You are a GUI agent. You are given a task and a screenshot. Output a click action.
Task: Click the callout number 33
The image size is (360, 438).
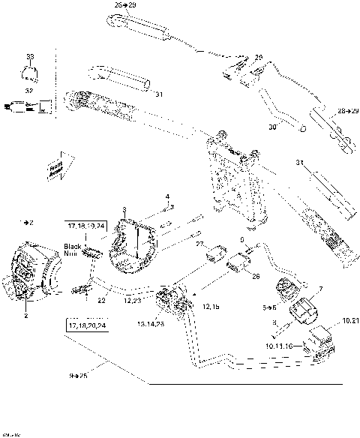[30, 57]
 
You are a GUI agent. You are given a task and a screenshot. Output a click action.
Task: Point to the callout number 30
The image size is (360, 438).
[274, 127]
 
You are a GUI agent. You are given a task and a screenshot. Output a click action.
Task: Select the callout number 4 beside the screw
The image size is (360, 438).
[167, 196]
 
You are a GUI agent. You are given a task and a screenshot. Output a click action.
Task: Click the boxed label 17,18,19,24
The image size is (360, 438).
[86, 224]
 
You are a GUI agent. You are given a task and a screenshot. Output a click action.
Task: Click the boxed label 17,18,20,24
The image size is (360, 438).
[86, 326]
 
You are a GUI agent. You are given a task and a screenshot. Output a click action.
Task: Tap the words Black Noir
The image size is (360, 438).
[73, 250]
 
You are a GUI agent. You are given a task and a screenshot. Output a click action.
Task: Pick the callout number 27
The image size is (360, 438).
[199, 244]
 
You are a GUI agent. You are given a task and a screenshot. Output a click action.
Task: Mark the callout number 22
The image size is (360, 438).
[101, 300]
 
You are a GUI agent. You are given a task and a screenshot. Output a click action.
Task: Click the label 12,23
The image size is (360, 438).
[132, 300]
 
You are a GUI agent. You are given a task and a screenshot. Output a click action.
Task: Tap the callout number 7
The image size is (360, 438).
[320, 289]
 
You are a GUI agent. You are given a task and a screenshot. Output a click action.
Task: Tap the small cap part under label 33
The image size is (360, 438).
[30, 73]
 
